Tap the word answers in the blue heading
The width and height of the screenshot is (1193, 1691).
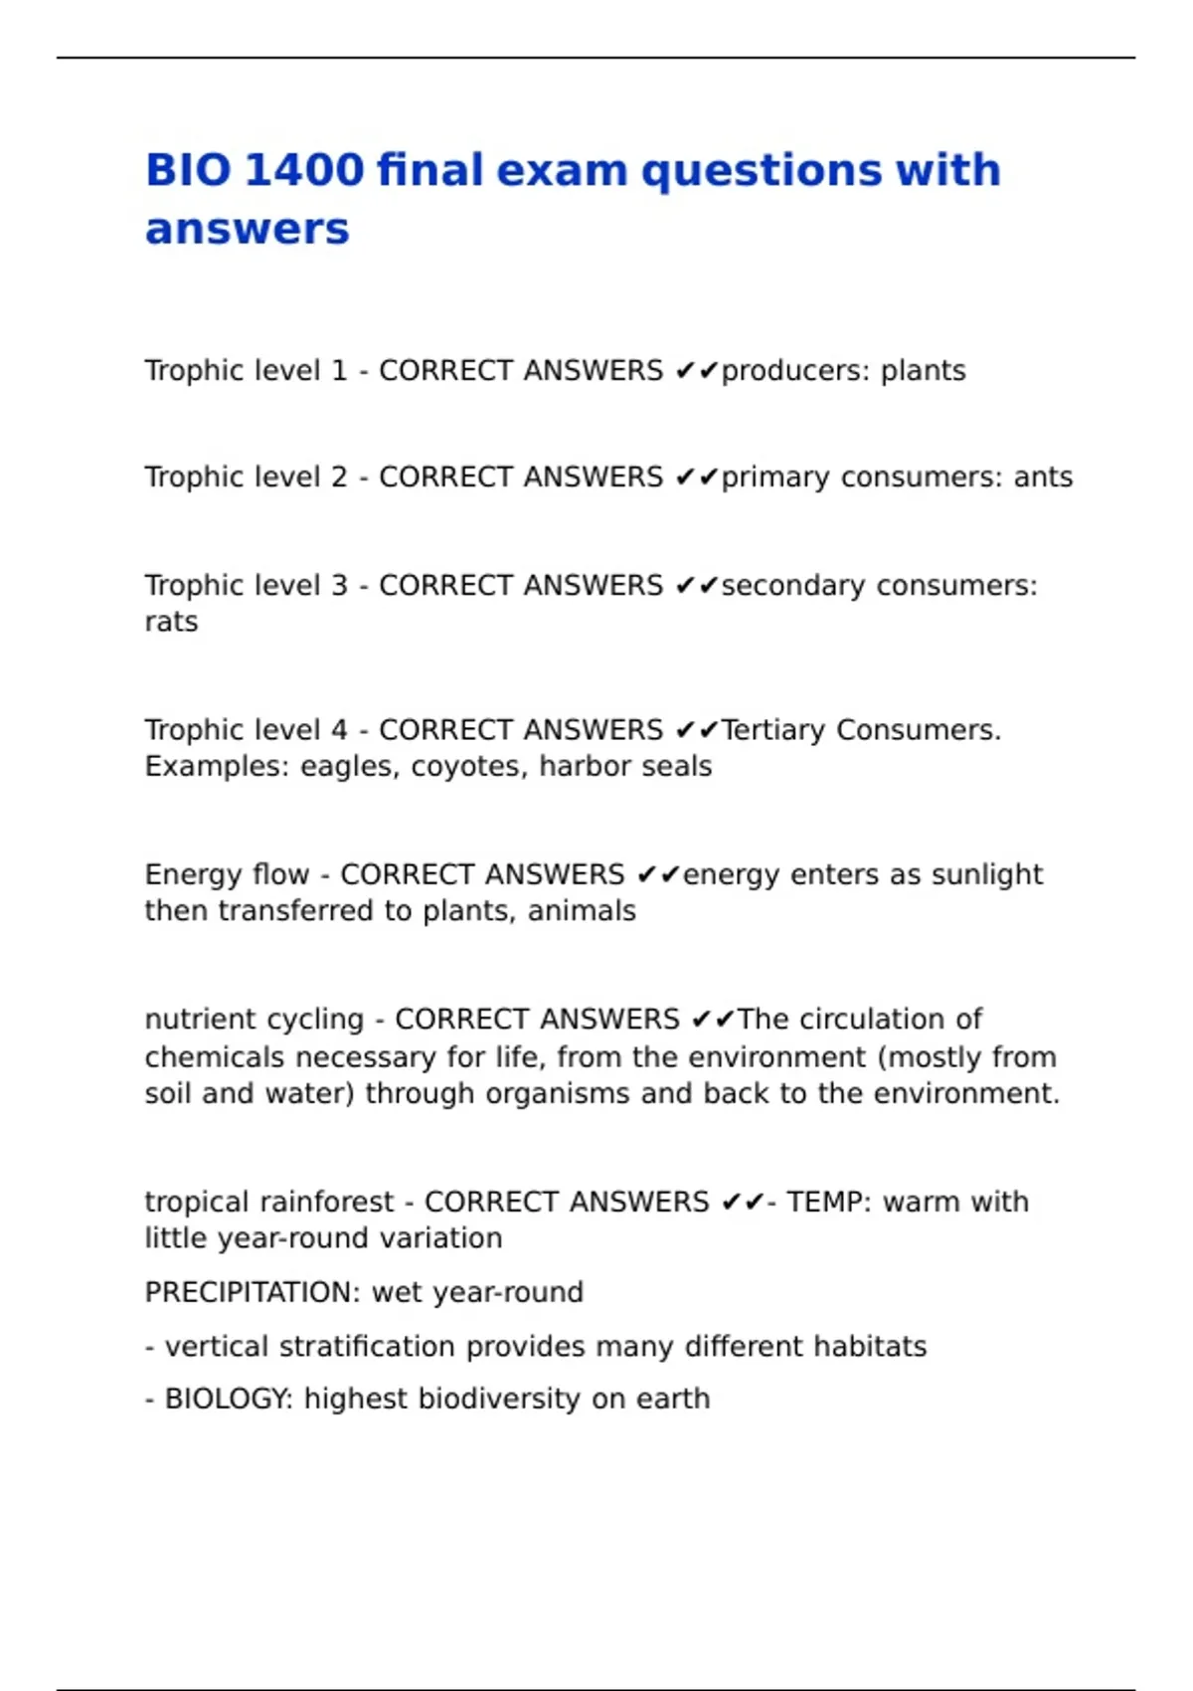click(247, 229)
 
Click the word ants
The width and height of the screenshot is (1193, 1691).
click(1043, 477)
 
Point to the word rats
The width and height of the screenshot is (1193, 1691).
click(171, 622)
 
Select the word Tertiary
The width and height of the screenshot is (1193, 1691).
click(774, 730)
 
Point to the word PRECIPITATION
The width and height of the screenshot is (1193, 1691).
click(253, 1292)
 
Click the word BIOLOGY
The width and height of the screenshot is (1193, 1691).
click(229, 1399)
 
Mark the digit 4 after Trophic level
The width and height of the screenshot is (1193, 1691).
click(339, 730)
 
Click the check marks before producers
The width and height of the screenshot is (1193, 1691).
click(696, 371)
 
